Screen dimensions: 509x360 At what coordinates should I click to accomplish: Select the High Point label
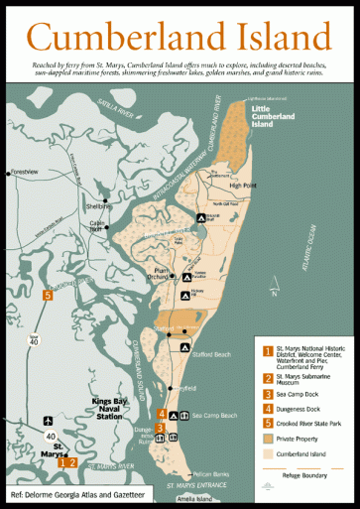(242, 186)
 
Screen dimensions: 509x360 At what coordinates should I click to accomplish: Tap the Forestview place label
(24, 172)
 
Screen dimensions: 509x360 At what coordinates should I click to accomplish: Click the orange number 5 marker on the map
(47, 295)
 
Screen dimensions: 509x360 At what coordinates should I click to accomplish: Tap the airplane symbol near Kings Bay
(47, 421)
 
